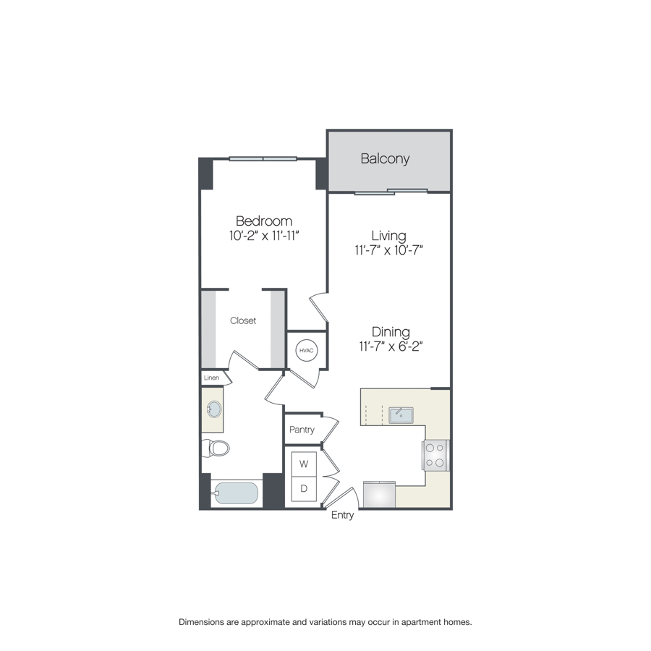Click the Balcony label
[x=385, y=158]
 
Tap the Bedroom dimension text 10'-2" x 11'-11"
[x=264, y=236]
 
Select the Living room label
[x=388, y=236]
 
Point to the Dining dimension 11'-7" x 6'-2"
[x=391, y=346]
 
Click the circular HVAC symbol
[x=307, y=350]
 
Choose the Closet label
[x=243, y=320]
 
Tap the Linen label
[x=211, y=378]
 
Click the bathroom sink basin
[x=214, y=409]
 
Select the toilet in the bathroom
[x=216, y=448]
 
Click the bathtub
[x=237, y=493]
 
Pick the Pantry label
[x=302, y=430]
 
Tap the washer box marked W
[x=304, y=464]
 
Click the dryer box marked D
[x=304, y=489]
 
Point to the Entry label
[x=343, y=515]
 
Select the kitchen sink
[x=401, y=415]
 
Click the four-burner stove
[x=435, y=456]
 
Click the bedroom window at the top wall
[x=263, y=158]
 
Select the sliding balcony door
[x=391, y=192]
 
